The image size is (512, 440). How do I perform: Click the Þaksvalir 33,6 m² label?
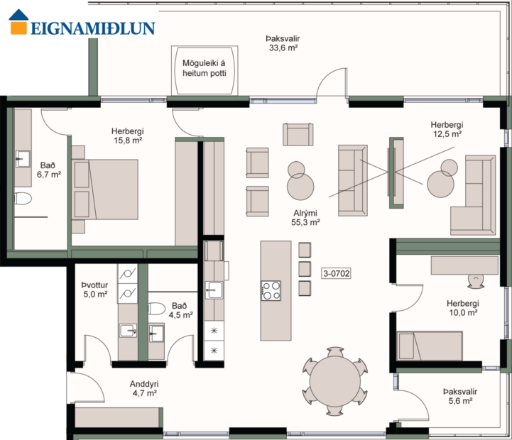tap(282, 43)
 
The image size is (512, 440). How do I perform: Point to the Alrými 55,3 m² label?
tap(305, 217)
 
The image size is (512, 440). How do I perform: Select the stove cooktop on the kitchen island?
tap(271, 290)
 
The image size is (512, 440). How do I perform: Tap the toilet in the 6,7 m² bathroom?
tap(22, 198)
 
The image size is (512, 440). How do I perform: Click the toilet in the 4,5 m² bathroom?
tap(158, 309)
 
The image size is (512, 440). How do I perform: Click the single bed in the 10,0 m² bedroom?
tap(430, 346)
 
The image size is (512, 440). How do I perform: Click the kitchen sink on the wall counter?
tap(214, 288)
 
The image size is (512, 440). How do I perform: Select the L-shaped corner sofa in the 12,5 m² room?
tap(472, 198)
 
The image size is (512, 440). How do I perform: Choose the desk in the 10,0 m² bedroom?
tap(464, 265)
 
